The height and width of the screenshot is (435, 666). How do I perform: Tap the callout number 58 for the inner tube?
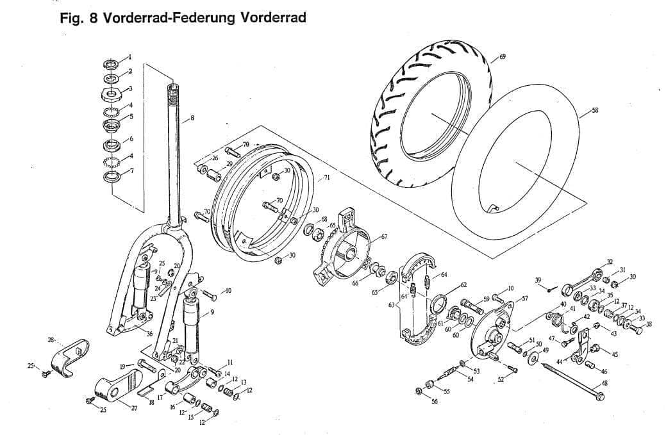pos(595,110)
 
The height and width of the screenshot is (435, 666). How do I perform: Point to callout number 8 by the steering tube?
pos(192,117)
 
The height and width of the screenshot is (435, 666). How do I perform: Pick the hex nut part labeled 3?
pos(112,94)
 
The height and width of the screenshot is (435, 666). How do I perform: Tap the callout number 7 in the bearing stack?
pos(131,171)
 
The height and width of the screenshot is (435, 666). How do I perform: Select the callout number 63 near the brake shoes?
pos(391,305)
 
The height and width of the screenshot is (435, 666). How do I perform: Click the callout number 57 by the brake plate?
pos(524,299)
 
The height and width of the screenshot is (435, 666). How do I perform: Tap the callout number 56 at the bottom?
pos(435,402)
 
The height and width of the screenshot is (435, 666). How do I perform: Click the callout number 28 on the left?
pos(51,339)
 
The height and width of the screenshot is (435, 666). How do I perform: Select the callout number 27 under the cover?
pos(134,407)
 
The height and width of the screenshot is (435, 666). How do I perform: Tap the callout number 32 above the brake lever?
pos(609,262)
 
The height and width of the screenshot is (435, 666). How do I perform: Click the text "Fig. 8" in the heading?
pos(76,17)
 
